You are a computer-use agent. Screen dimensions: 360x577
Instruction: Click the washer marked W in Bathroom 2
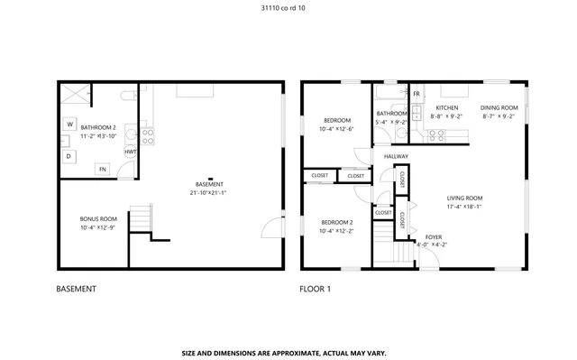tap(69, 124)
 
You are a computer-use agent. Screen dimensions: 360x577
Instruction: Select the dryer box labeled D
tap(69, 156)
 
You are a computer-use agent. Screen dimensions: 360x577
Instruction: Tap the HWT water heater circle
tap(131, 152)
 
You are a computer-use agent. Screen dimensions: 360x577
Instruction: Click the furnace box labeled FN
tap(103, 168)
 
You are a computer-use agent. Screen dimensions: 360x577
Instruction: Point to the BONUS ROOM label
tap(98, 219)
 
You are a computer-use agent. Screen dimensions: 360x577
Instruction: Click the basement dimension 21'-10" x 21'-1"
tap(208, 192)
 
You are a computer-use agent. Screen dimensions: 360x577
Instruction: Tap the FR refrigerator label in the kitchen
tap(416, 94)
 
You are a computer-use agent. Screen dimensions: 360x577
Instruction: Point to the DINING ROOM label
tap(499, 107)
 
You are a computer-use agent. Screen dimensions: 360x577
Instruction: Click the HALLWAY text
tap(396, 156)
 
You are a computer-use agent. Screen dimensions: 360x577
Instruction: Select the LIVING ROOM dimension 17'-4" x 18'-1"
tap(464, 207)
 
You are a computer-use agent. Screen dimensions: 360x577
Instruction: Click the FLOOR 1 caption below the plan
tap(316, 289)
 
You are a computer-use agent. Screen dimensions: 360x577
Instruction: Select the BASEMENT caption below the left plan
tap(76, 289)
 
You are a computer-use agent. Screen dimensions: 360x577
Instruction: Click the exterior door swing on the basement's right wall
tap(270, 228)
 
